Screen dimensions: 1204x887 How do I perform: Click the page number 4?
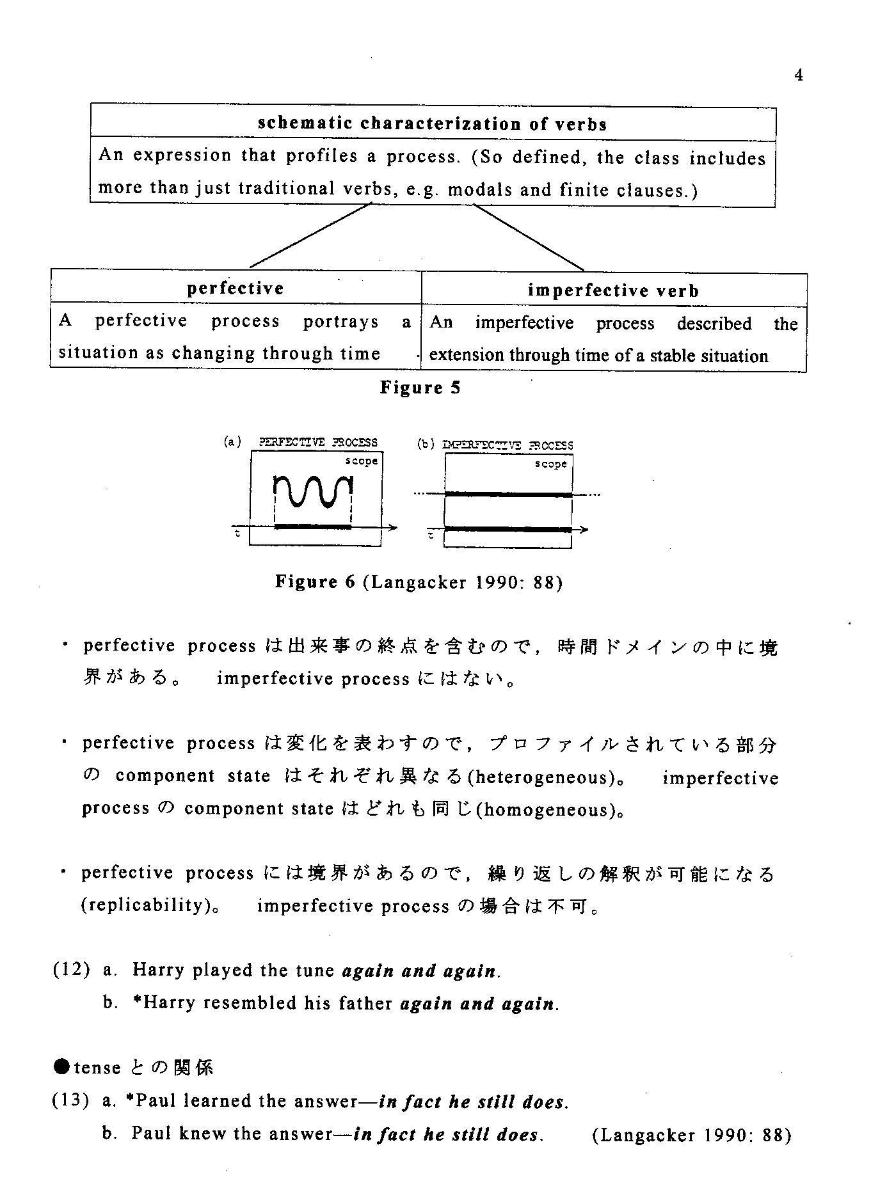pos(798,75)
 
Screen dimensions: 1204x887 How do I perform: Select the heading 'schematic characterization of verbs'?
pos(432,123)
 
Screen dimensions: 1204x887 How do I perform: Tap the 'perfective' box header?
pos(236,289)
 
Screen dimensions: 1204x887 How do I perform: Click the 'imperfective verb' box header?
pos(613,291)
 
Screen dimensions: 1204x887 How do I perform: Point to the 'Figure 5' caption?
pos(420,388)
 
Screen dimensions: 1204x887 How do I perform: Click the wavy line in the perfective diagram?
pos(313,491)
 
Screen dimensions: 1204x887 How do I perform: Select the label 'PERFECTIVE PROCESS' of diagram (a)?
pos(318,442)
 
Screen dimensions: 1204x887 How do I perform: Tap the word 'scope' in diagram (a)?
pos(362,461)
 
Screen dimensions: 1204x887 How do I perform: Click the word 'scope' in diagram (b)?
pos(551,464)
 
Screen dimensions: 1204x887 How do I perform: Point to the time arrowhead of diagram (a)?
pos(392,527)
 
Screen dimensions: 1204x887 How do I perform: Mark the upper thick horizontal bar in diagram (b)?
pos(508,495)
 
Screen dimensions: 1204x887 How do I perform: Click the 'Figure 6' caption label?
pos(315,582)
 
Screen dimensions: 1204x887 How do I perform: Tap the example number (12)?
pos(71,970)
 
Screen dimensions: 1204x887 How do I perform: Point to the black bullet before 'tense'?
pos(61,1067)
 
